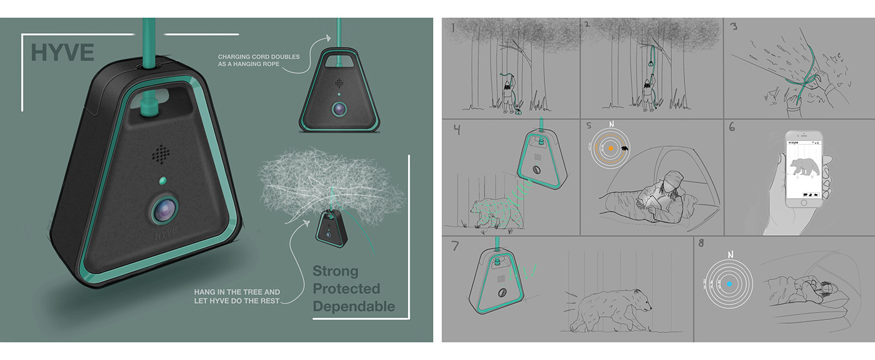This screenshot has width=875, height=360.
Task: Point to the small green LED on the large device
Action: click(x=162, y=181)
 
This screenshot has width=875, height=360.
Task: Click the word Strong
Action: click(x=336, y=271)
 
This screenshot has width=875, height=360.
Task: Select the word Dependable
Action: click(x=354, y=306)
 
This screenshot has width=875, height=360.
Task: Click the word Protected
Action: click(x=346, y=289)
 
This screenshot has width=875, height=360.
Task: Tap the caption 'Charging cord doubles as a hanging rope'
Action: click(x=259, y=61)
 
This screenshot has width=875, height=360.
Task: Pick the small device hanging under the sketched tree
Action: click(x=331, y=226)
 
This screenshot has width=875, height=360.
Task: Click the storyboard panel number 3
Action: click(x=734, y=28)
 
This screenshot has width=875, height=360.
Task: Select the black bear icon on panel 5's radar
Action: click(x=624, y=151)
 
